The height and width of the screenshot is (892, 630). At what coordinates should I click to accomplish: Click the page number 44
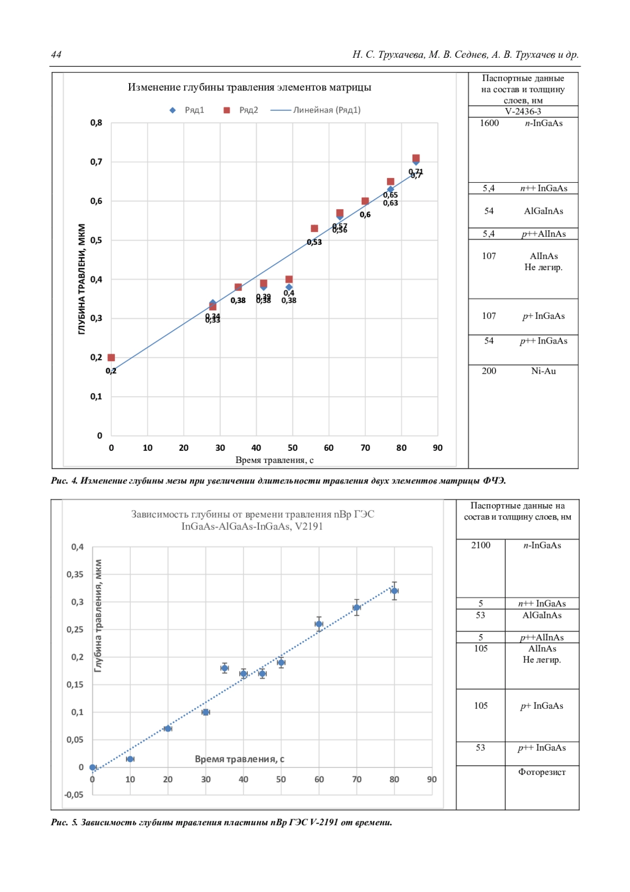[56, 55]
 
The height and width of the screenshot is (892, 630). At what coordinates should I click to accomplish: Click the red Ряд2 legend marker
[227, 110]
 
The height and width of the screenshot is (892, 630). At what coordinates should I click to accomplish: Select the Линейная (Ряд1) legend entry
[315, 110]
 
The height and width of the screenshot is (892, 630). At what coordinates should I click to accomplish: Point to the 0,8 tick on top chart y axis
[96, 123]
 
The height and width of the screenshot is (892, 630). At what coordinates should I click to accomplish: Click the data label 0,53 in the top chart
[314, 242]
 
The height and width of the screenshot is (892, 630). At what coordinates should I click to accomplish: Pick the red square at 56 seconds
[314, 229]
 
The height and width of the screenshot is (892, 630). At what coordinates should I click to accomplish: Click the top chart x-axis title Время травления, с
[274, 461]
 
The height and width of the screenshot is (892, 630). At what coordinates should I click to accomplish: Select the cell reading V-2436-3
[523, 111]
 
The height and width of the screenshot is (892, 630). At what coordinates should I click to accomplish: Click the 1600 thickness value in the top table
[489, 123]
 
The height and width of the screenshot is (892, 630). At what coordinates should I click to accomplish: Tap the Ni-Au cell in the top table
[543, 371]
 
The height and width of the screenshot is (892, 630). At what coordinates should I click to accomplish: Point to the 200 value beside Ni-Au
[489, 371]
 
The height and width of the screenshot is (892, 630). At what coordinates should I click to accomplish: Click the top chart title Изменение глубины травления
[249, 87]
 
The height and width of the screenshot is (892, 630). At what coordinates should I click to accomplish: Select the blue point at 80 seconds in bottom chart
[394, 591]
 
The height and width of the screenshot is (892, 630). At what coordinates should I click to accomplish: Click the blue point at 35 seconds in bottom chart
[225, 668]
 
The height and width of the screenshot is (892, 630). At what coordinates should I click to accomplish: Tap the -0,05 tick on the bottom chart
[74, 795]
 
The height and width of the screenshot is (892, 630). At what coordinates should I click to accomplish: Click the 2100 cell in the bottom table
[480, 545]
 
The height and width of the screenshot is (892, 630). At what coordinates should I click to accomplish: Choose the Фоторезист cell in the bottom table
[542, 772]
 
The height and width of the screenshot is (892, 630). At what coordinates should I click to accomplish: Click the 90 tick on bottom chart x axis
[432, 780]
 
